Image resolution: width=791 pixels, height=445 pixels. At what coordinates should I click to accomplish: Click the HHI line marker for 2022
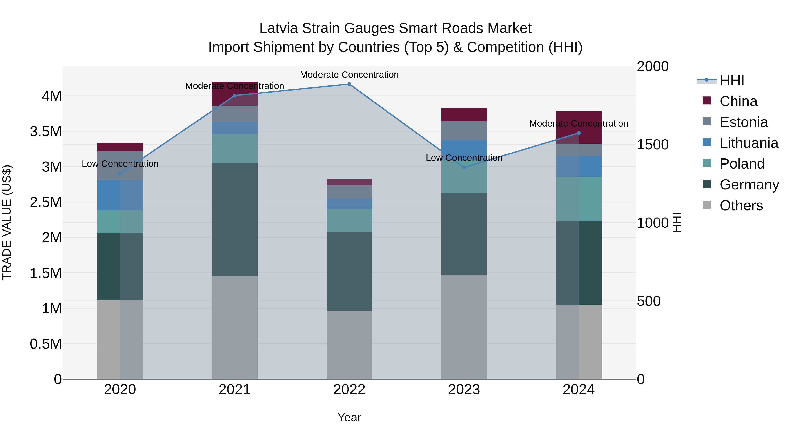tap(349, 84)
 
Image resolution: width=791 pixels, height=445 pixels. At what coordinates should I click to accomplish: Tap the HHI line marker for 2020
tap(120, 174)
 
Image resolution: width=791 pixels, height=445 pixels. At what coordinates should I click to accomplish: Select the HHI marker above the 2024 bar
tap(579, 133)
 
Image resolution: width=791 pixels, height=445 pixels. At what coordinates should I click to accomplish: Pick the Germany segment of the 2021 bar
tap(235, 220)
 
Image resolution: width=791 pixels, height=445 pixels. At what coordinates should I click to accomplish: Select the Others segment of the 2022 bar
tap(349, 345)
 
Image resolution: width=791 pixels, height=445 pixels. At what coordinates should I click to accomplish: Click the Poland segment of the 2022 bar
tap(349, 220)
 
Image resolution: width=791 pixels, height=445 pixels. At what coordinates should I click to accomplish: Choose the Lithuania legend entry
tap(749, 143)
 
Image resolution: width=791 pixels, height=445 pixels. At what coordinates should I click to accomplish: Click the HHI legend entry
tap(732, 80)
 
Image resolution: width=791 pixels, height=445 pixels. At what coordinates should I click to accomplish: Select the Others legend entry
tap(741, 205)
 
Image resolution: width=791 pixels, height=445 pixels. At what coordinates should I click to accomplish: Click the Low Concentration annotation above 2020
tap(120, 164)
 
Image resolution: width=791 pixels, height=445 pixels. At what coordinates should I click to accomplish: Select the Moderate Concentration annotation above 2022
tap(349, 75)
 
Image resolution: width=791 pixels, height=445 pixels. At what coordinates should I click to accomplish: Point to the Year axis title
tap(349, 417)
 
